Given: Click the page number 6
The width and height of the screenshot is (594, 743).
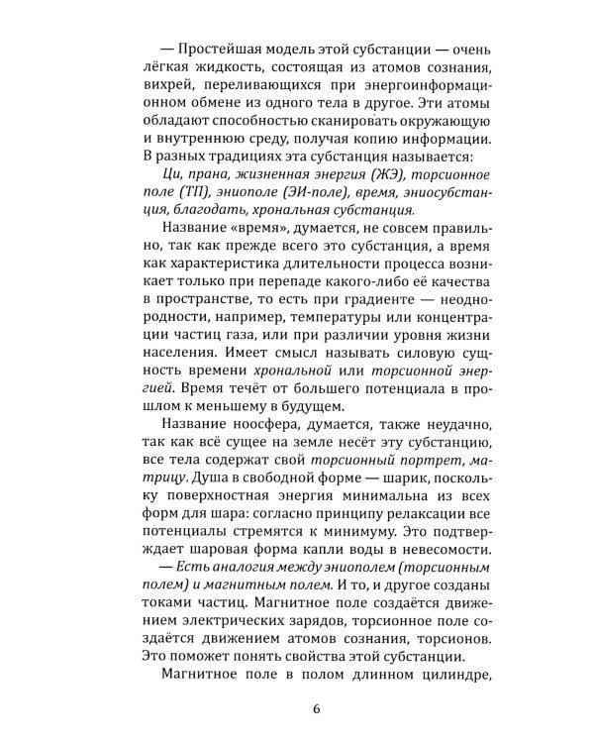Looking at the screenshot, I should click(315, 709).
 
